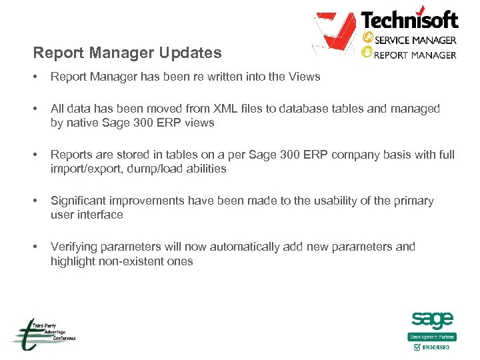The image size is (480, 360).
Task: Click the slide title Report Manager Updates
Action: coord(127,52)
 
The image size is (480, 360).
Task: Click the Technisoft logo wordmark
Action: coord(409,19)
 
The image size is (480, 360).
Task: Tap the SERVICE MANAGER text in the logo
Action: coord(415,40)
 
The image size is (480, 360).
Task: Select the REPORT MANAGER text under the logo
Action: coord(415,54)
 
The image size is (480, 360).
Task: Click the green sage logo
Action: coord(432,320)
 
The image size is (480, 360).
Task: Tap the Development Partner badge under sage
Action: coord(432,337)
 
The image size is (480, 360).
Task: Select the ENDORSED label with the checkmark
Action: coord(433,347)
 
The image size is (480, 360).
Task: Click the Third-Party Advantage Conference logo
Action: coord(42,333)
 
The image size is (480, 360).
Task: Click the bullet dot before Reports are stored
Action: coord(35,155)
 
